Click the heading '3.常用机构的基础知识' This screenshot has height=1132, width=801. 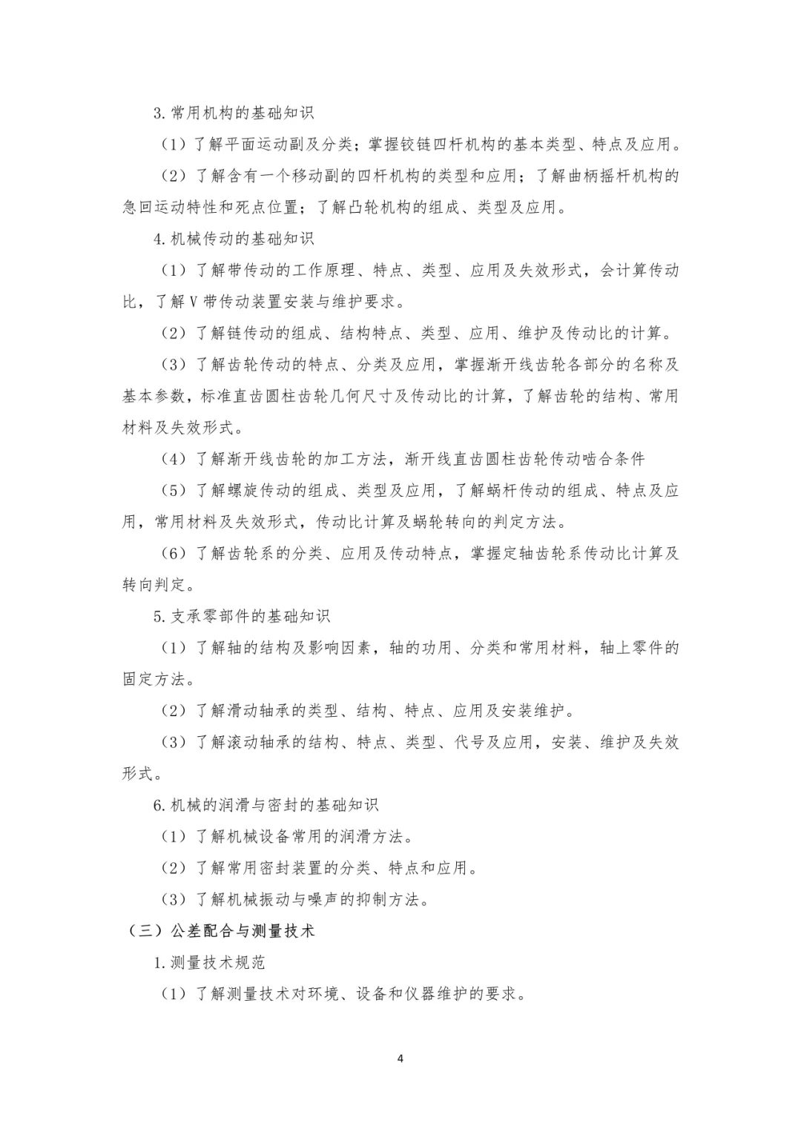(234, 113)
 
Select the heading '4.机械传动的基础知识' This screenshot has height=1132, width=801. (234, 239)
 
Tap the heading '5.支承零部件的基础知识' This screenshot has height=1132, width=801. (242, 616)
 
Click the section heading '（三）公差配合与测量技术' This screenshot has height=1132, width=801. (220, 931)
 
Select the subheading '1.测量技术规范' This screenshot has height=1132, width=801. (209, 963)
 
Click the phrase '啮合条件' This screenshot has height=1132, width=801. (613, 459)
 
